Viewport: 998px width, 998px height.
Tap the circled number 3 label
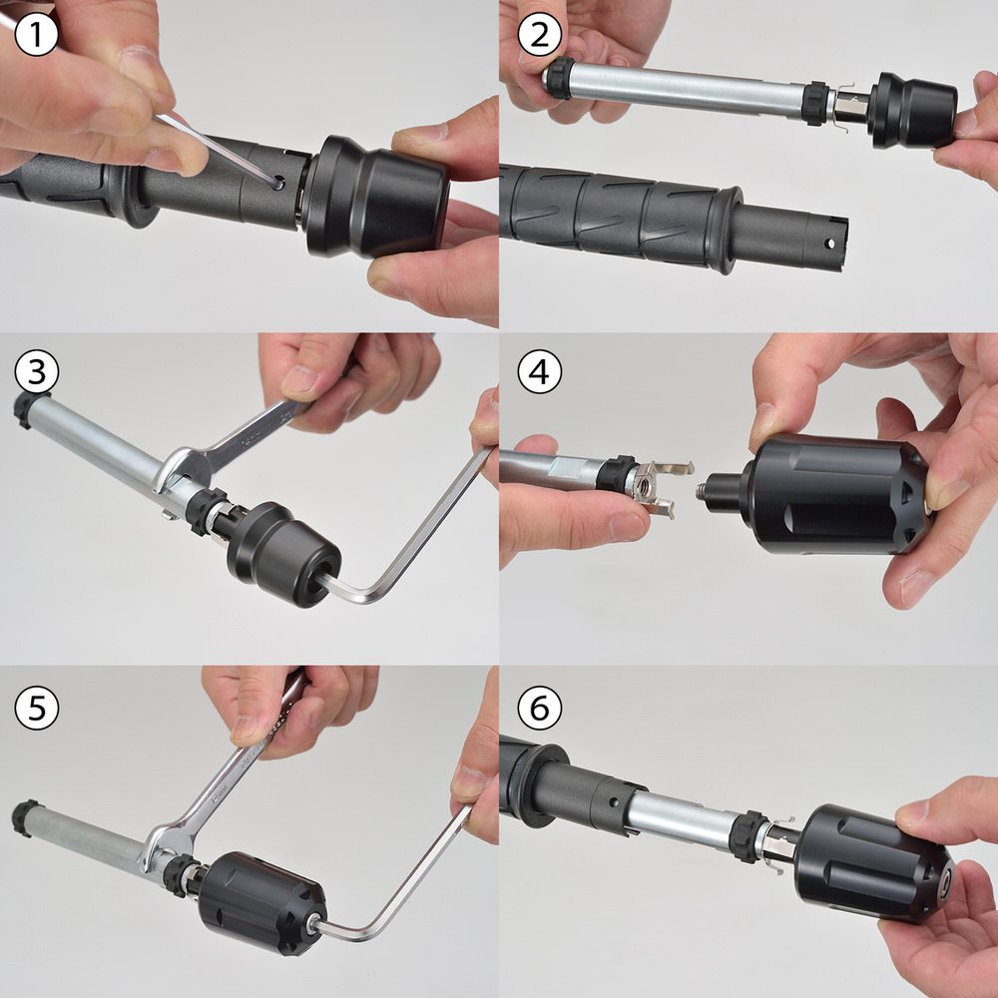36,371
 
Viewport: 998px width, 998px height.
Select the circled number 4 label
540,371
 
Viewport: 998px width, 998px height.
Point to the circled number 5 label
36,708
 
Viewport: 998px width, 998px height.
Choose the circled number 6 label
540,708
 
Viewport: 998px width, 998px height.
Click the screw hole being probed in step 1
278,184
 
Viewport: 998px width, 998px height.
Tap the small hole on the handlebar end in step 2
828,244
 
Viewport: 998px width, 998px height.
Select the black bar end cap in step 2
912,110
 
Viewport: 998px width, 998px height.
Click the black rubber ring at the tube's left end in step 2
559,78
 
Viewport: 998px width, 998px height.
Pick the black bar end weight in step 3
283,554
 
